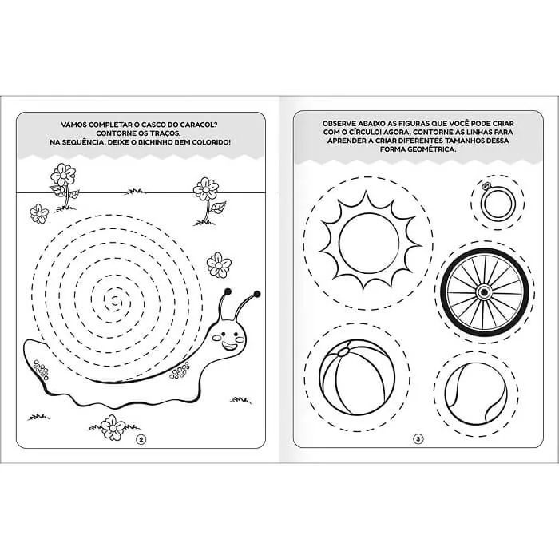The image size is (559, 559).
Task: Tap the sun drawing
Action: coord(369,242)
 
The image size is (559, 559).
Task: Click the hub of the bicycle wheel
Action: coord(484,292)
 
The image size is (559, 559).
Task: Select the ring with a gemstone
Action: coord(498,203)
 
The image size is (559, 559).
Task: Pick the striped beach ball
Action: coord(357,377)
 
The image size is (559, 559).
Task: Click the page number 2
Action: coord(141,439)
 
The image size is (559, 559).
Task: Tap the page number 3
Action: coord(418,439)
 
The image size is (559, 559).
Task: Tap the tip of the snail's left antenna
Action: coord(228,292)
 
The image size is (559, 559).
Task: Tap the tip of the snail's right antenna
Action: coord(256,294)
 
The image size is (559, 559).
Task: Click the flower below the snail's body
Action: coord(113,426)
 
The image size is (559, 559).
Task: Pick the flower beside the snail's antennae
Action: coord(219,264)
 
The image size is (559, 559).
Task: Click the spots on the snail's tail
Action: coord(41,369)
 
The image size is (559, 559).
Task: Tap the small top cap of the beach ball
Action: coord(343,352)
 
